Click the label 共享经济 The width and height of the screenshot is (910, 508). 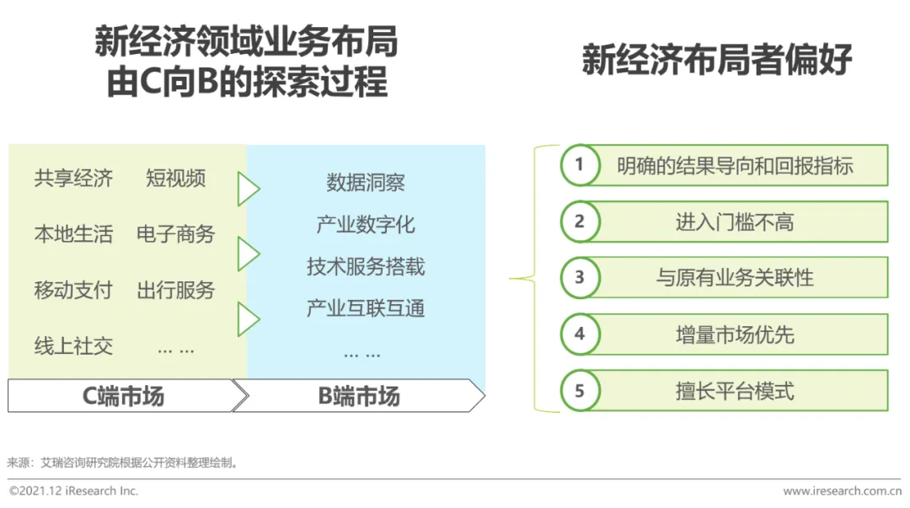[73, 179]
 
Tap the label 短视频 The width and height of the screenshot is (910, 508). [175, 179]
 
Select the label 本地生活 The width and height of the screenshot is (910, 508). [73, 234]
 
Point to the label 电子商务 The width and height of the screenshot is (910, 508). [175, 234]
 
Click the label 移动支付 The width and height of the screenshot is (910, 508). [73, 291]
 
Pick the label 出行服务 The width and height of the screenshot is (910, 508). [175, 291]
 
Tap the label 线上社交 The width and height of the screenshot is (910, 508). [73, 346]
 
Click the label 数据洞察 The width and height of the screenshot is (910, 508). [366, 183]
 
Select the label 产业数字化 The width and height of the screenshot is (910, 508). [366, 225]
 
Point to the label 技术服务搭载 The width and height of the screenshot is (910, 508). [366, 267]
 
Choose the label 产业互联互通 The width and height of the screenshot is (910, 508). [366, 308]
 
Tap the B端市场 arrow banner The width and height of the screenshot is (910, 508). [359, 396]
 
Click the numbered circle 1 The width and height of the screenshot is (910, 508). [580, 165]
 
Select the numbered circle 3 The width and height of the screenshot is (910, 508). [580, 277]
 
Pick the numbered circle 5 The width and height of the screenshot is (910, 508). [580, 391]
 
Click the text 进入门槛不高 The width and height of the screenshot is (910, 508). [735, 222]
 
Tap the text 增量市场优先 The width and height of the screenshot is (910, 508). [735, 334]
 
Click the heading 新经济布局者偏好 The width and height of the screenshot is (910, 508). [717, 61]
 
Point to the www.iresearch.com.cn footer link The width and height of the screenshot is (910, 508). [842, 491]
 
